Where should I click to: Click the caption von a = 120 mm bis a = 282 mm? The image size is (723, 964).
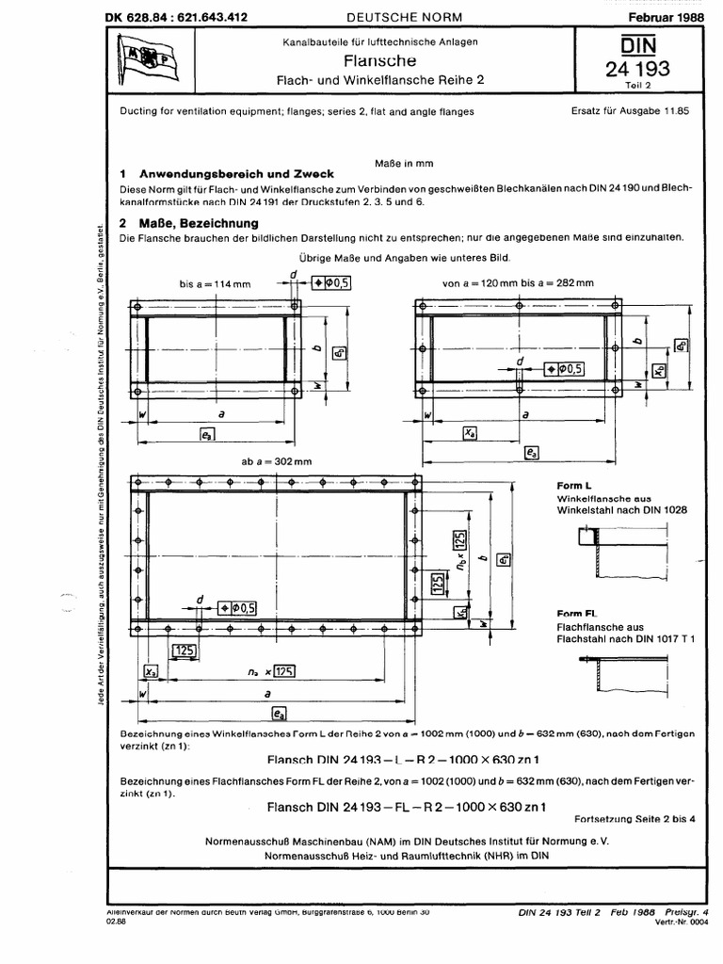pyautogui.click(x=518, y=282)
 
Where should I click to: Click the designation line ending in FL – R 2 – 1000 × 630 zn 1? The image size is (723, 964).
pyautogui.click(x=407, y=807)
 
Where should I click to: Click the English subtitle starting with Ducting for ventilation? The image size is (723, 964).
pyautogui.click(x=296, y=111)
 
